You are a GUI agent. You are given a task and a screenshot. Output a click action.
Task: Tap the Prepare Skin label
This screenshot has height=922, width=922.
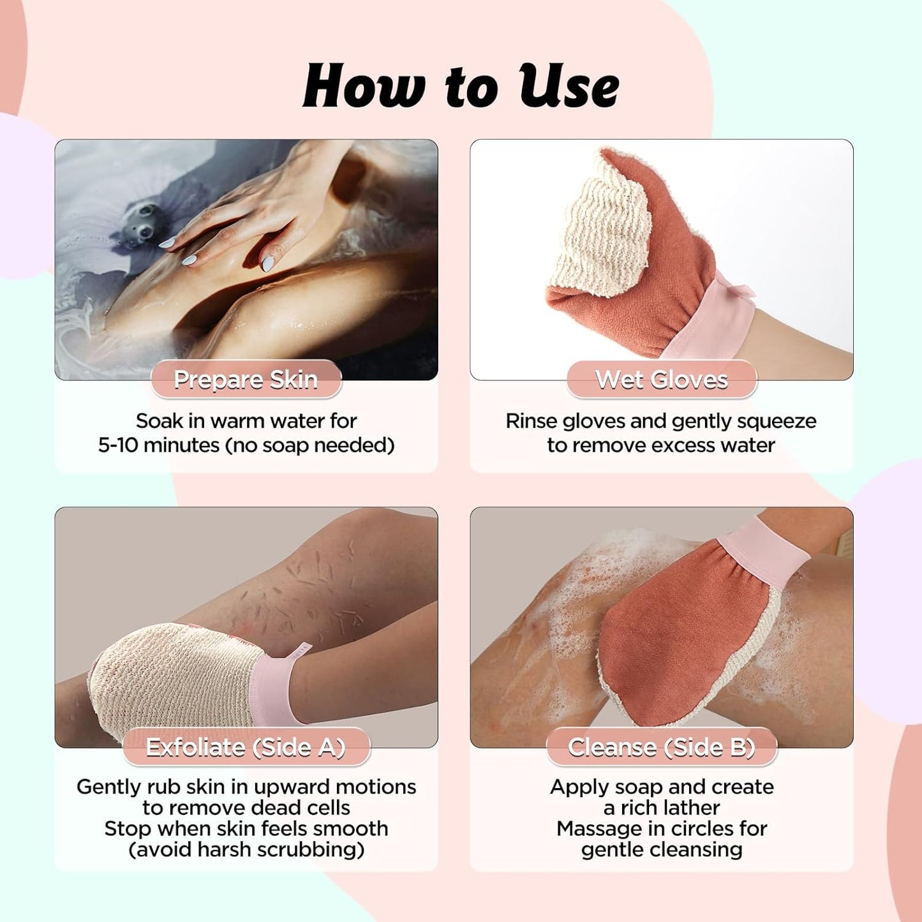point(246,380)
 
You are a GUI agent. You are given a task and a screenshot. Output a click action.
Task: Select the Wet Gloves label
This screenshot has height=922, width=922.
point(662,380)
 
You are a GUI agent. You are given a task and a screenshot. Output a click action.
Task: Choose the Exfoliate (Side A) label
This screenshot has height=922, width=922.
point(246,747)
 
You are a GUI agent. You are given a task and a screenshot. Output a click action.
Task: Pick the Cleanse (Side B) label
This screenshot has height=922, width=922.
point(662,747)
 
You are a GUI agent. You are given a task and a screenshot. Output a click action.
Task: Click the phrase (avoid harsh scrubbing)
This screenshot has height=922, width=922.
point(246,849)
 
